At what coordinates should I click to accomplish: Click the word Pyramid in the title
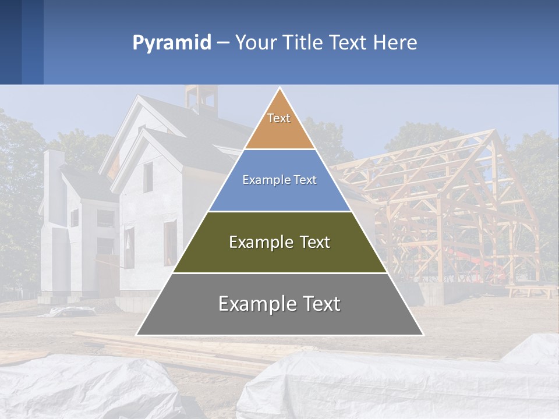[x=171, y=43]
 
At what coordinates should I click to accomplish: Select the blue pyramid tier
[x=279, y=195]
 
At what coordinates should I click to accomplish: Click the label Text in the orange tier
[x=279, y=119]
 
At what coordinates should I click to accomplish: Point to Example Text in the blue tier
[x=279, y=180]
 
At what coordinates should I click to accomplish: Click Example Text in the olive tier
[x=279, y=242]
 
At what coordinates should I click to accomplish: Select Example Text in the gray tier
[x=279, y=304]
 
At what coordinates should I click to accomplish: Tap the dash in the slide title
[x=222, y=43]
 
